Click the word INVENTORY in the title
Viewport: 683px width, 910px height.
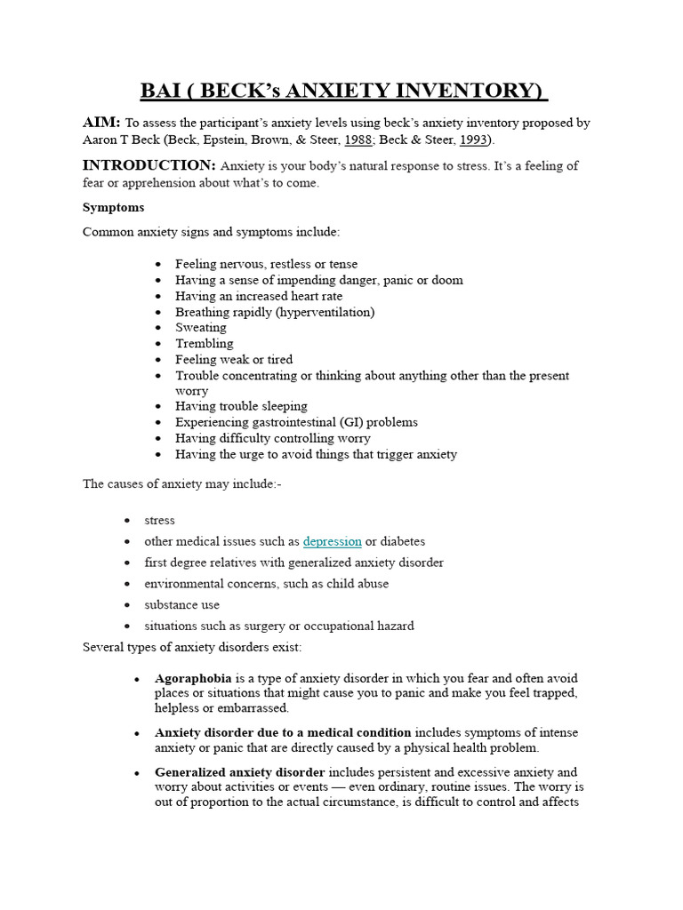[473, 91]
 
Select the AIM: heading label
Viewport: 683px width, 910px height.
[101, 123]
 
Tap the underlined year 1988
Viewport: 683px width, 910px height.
[358, 140]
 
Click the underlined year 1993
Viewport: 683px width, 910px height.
[472, 140]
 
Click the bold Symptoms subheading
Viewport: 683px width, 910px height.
[113, 207]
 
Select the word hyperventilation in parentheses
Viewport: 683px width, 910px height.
[325, 312]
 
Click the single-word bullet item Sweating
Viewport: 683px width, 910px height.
[201, 328]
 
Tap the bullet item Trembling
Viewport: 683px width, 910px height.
[205, 344]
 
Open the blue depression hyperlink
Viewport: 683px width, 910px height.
[332, 541]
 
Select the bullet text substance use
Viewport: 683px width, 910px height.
[182, 605]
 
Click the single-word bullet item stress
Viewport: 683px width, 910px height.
[160, 520]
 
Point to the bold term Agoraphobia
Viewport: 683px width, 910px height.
[193, 678]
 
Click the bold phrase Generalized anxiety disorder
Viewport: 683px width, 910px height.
[240, 772]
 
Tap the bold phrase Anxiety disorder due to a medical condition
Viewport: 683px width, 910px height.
[283, 733]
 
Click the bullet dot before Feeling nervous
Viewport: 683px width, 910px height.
[158, 265]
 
